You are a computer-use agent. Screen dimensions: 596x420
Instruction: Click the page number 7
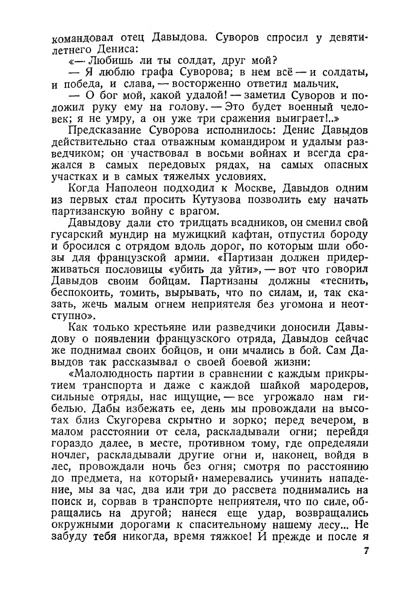pyautogui.click(x=366, y=552)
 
